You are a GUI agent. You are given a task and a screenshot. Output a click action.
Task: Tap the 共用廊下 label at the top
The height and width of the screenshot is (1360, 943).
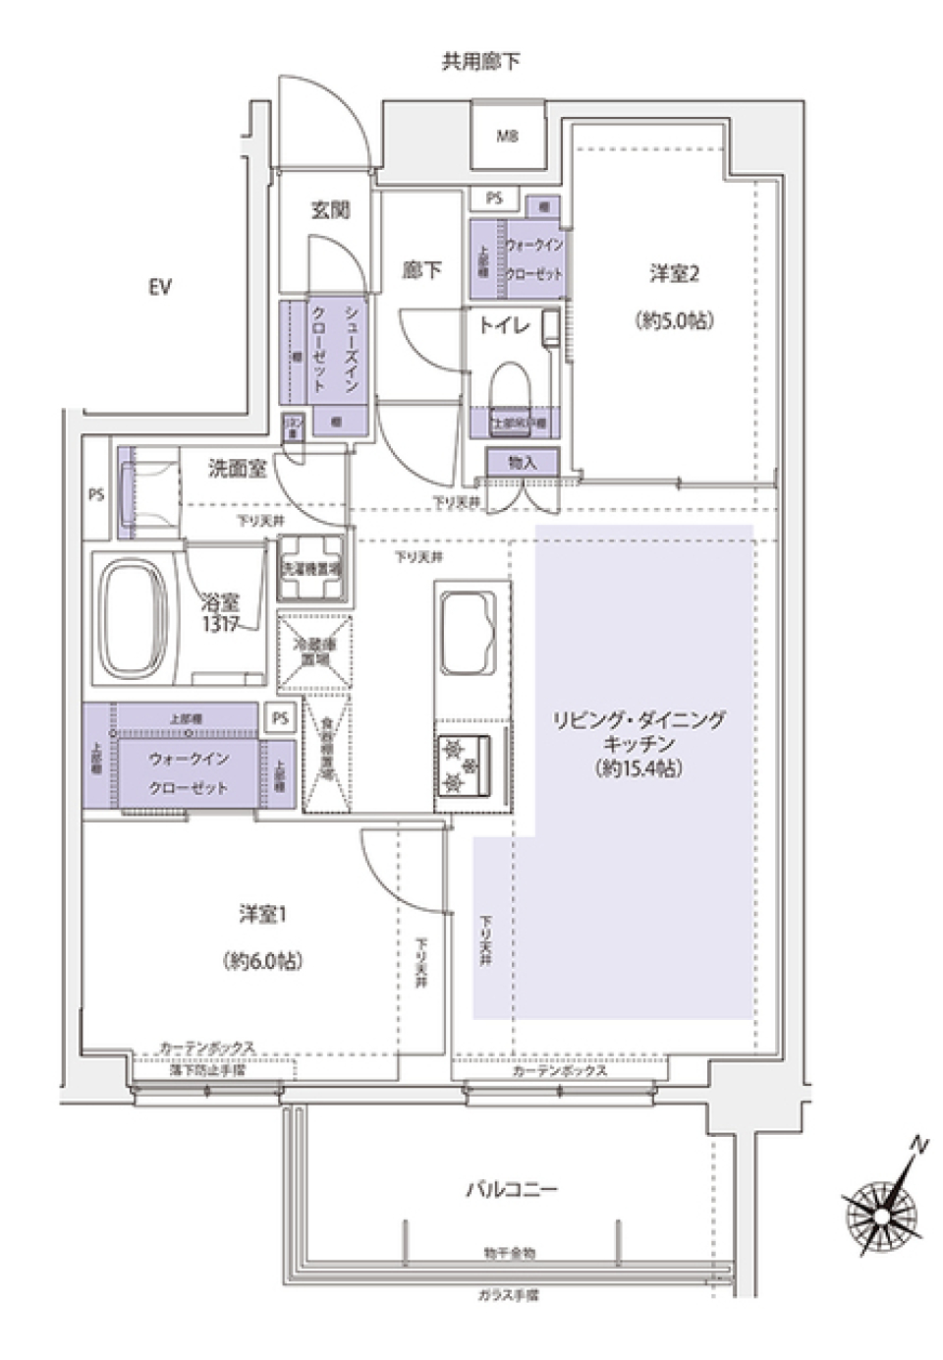pos(480,62)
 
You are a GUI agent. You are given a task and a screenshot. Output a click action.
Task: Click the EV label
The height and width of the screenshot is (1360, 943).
pos(160,287)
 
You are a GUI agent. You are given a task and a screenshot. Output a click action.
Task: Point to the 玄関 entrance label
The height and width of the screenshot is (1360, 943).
pos(330,209)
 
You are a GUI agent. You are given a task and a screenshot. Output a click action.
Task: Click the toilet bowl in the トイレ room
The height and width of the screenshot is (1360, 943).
pos(509,384)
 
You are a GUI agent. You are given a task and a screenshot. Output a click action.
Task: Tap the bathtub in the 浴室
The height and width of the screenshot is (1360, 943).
pos(135,620)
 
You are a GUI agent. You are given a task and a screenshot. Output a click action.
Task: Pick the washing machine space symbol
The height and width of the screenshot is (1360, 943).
pos(312,568)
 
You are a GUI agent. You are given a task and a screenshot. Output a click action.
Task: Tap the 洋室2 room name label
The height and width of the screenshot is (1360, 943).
pos(674,274)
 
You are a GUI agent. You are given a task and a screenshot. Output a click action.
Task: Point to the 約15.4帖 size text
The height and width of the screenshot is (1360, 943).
pos(638,768)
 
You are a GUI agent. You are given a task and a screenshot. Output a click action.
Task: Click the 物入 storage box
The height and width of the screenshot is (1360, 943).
pos(523,462)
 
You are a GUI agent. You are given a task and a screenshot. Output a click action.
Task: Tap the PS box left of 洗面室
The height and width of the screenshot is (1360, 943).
pos(96,495)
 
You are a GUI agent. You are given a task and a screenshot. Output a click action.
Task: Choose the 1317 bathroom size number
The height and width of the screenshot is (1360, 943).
pos(221,624)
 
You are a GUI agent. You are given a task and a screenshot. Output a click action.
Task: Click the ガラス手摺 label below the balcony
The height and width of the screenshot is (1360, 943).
pos(508,1295)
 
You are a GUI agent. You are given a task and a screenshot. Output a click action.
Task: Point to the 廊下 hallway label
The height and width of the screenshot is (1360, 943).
pos(421,270)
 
